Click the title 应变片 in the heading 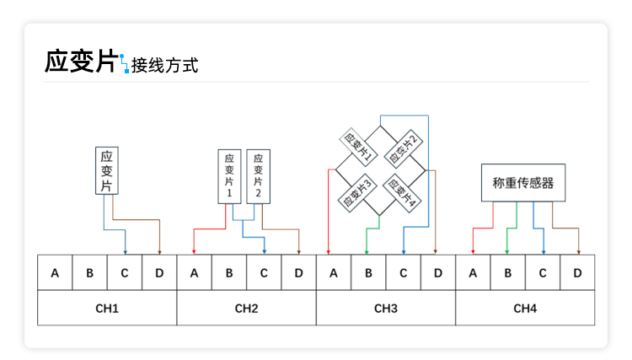(x=80, y=62)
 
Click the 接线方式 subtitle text (x=164, y=65)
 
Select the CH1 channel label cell (x=107, y=308)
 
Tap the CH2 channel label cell (x=246, y=308)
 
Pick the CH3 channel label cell (x=385, y=308)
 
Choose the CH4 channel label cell (x=525, y=308)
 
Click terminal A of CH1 (x=55, y=273)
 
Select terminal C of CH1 (x=124, y=273)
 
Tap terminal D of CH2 (x=297, y=273)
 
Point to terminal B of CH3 (x=367, y=273)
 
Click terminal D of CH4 (x=577, y=273)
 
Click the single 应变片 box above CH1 (x=106, y=171)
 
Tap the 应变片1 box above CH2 (x=229, y=176)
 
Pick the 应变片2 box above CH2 (x=258, y=176)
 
